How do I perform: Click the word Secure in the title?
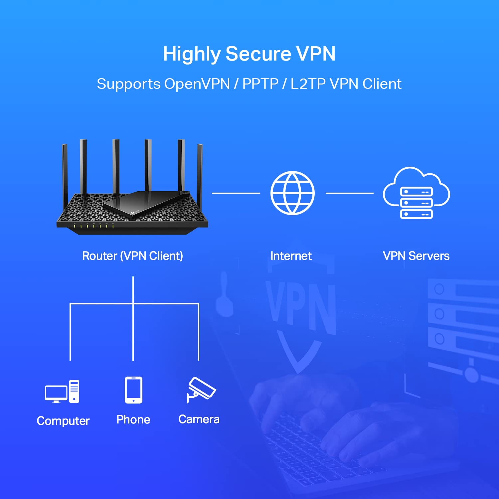click(x=258, y=54)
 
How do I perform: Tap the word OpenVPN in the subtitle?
click(x=197, y=84)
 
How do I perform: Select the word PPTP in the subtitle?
click(x=260, y=84)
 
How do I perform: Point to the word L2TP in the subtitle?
click(x=308, y=84)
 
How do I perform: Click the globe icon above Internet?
click(x=292, y=193)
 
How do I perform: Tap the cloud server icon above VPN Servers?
click(x=416, y=193)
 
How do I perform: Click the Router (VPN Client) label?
click(x=132, y=256)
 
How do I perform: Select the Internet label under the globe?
click(x=291, y=256)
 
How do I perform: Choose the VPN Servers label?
click(x=416, y=256)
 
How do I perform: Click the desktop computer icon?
click(x=62, y=392)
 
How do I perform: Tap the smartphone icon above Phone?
click(x=133, y=390)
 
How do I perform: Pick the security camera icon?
click(x=201, y=389)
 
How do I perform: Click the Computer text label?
click(x=63, y=421)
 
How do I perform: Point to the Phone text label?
click(x=133, y=419)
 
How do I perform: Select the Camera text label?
click(x=199, y=419)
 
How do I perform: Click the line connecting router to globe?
click(x=236, y=193)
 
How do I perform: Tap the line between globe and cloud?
click(x=349, y=193)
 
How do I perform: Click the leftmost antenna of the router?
click(x=65, y=173)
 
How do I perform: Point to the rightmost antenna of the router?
click(x=200, y=173)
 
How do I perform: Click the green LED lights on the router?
click(x=93, y=226)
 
